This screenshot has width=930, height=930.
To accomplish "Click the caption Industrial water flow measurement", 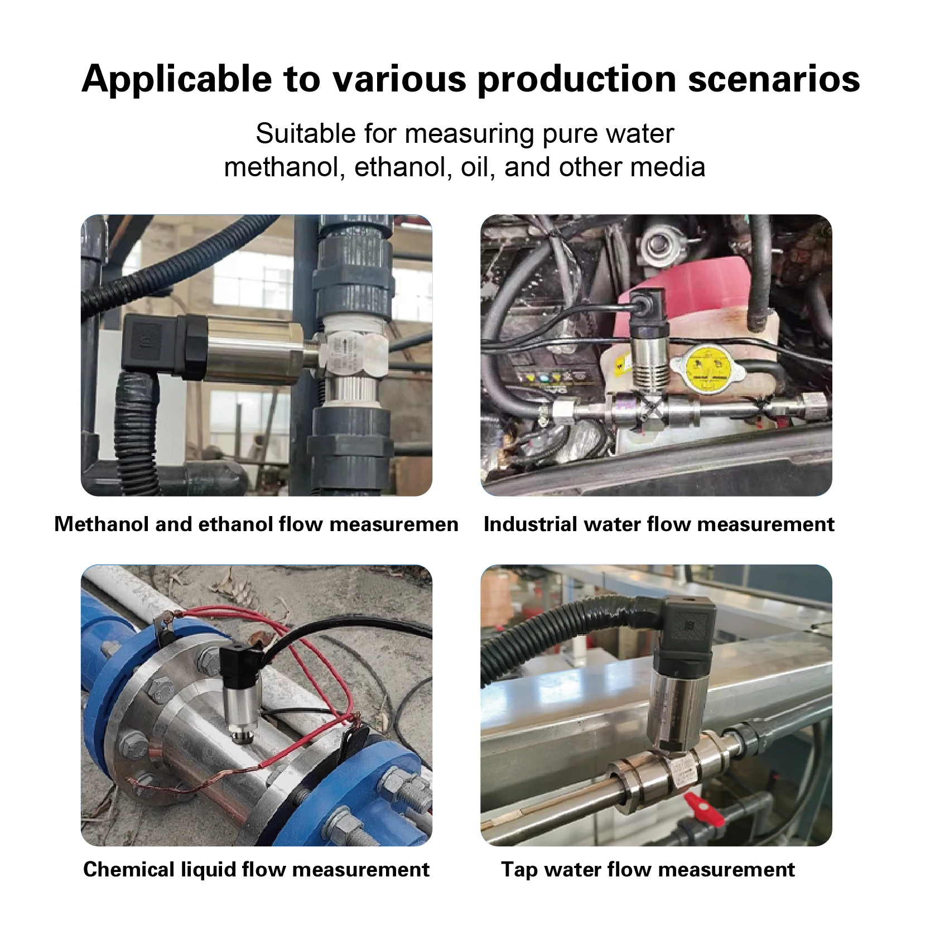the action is click(659, 524).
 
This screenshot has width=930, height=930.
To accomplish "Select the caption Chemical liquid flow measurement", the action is click(256, 869).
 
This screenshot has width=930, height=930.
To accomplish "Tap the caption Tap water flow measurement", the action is click(648, 869).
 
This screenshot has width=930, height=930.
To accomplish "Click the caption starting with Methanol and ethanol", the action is click(256, 524).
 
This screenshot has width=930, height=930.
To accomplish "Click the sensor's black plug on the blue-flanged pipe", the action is click(240, 667).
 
